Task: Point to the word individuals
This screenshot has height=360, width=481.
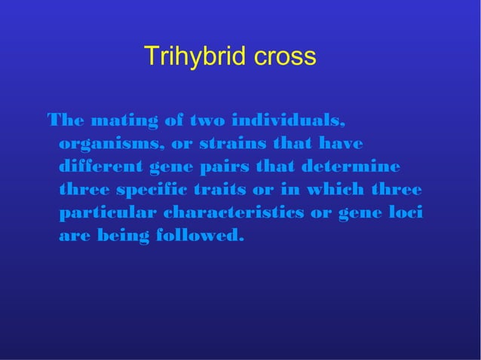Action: pos(290,121)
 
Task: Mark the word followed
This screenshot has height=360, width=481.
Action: pos(201,236)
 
